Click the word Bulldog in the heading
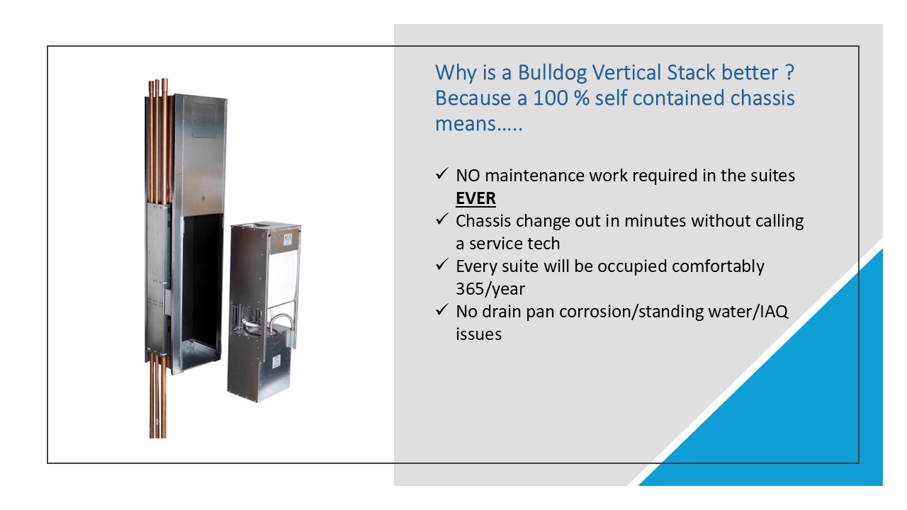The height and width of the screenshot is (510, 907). coord(552,73)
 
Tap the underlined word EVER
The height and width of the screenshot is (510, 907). coord(475,198)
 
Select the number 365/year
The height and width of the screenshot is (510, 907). coord(490,289)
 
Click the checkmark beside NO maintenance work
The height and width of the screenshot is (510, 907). coord(441,174)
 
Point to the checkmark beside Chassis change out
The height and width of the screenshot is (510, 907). coord(441,220)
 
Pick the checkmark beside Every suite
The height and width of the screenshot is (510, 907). coord(441,265)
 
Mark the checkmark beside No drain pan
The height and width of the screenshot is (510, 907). coord(441,310)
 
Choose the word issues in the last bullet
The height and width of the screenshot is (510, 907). coord(478,334)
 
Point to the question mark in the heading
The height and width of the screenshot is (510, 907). coord(789,73)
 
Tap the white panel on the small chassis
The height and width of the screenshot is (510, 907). coord(283,276)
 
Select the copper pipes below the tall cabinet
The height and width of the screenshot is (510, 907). coord(157,396)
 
